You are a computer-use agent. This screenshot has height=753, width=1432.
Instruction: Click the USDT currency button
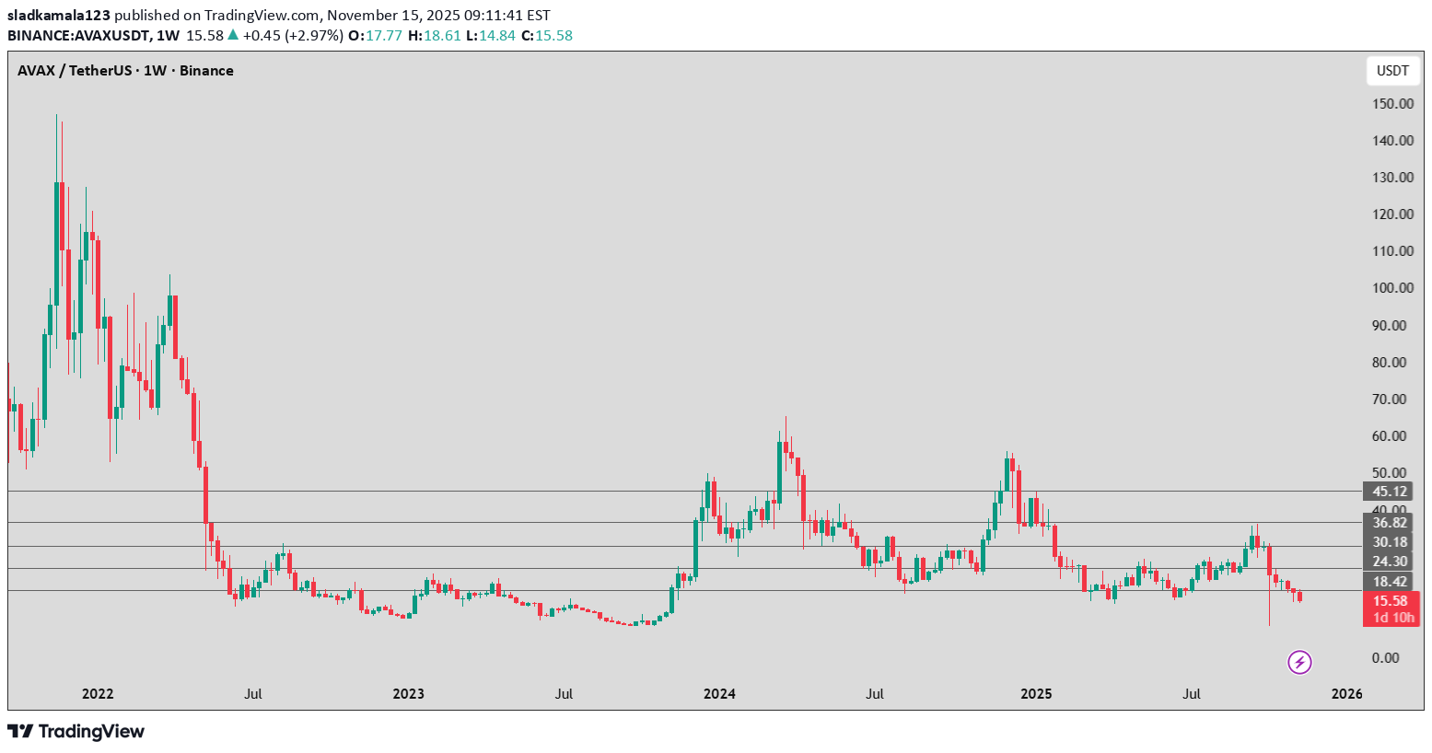(x=1392, y=71)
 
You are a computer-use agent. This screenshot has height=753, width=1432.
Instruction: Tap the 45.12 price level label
(x=1390, y=492)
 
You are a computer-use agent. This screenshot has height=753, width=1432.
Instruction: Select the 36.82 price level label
(x=1390, y=523)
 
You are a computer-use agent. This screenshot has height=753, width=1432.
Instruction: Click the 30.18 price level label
(x=1390, y=542)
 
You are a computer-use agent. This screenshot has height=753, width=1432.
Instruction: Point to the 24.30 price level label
(x=1390, y=562)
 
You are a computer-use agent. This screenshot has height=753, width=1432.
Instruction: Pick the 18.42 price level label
(x=1390, y=582)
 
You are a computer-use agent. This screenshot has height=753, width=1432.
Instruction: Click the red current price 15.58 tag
(x=1391, y=601)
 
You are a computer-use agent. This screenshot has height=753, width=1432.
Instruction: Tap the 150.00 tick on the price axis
(x=1392, y=104)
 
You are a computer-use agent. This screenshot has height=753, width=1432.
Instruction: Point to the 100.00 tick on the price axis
(x=1392, y=288)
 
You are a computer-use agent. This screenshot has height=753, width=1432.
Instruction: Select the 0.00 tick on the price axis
(x=1385, y=658)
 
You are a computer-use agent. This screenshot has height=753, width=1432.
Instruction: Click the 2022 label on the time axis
(x=98, y=694)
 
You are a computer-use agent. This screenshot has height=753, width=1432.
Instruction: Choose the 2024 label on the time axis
(x=719, y=694)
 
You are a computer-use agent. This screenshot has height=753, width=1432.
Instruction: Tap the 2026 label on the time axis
(x=1347, y=694)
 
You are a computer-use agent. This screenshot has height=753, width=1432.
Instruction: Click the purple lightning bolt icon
(x=1299, y=662)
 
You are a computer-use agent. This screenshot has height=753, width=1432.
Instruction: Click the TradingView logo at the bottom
(x=76, y=732)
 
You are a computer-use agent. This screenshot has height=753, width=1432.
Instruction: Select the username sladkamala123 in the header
(x=59, y=16)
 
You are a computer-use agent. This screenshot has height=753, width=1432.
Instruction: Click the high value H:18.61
(x=435, y=36)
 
